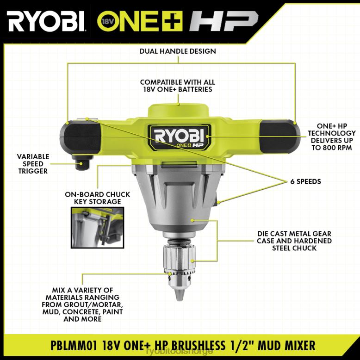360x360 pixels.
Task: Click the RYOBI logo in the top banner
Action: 46,21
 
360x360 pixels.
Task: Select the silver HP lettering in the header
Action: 223,21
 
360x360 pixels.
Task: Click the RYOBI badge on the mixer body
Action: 179,137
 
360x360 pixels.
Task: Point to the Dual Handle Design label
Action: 178,51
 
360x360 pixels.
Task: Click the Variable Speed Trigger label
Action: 33,164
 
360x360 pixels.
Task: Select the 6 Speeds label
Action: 305,181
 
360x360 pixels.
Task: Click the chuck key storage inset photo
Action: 97,228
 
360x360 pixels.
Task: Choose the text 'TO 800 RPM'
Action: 331,148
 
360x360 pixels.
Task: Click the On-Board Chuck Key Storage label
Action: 97,198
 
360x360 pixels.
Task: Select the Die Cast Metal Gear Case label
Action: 294,241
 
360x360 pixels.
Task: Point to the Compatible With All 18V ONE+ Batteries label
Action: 178,86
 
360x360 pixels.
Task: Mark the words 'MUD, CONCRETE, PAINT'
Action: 82,312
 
